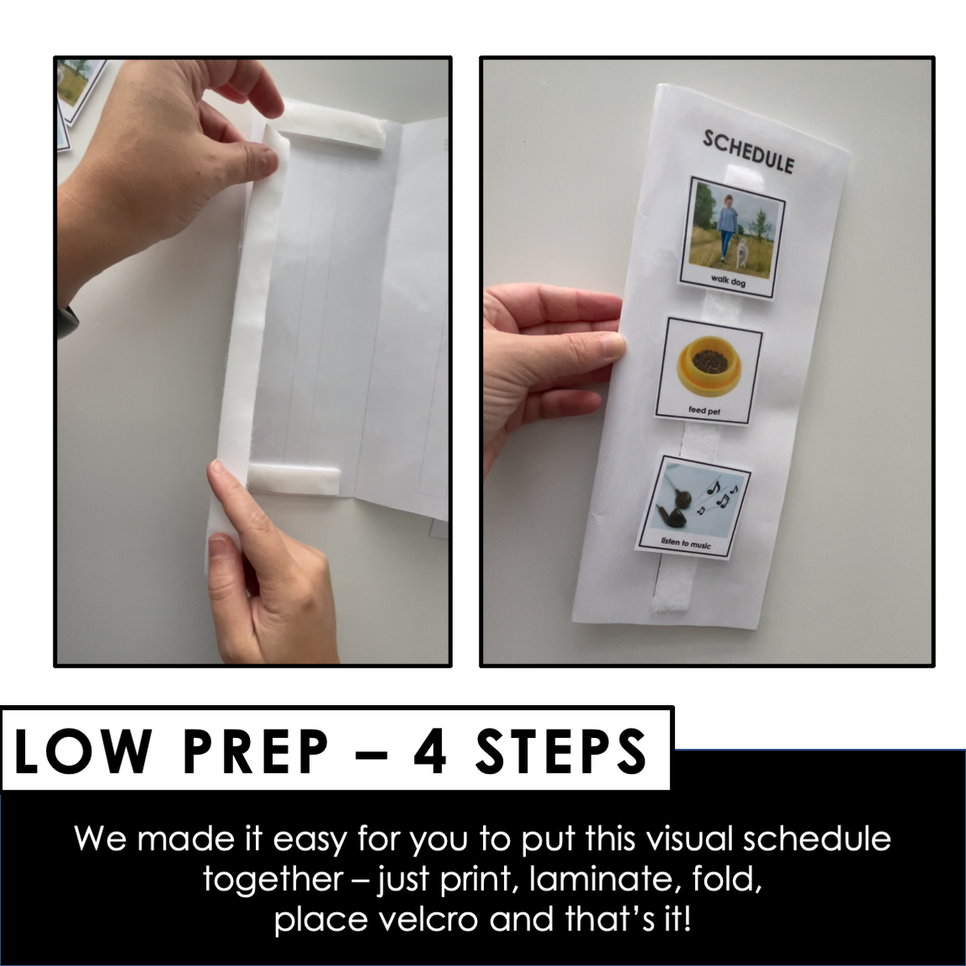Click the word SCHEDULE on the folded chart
click(x=748, y=151)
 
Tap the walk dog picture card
click(x=732, y=239)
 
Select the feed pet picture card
click(x=709, y=370)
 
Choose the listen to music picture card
click(x=693, y=507)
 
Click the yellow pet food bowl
click(x=709, y=365)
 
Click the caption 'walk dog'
click(x=728, y=281)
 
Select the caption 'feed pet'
click(x=704, y=411)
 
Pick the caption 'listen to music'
click(x=686, y=544)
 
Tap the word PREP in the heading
click(x=256, y=751)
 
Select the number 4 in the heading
click(x=429, y=751)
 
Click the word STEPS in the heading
click(x=561, y=751)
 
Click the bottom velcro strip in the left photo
click(x=294, y=480)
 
